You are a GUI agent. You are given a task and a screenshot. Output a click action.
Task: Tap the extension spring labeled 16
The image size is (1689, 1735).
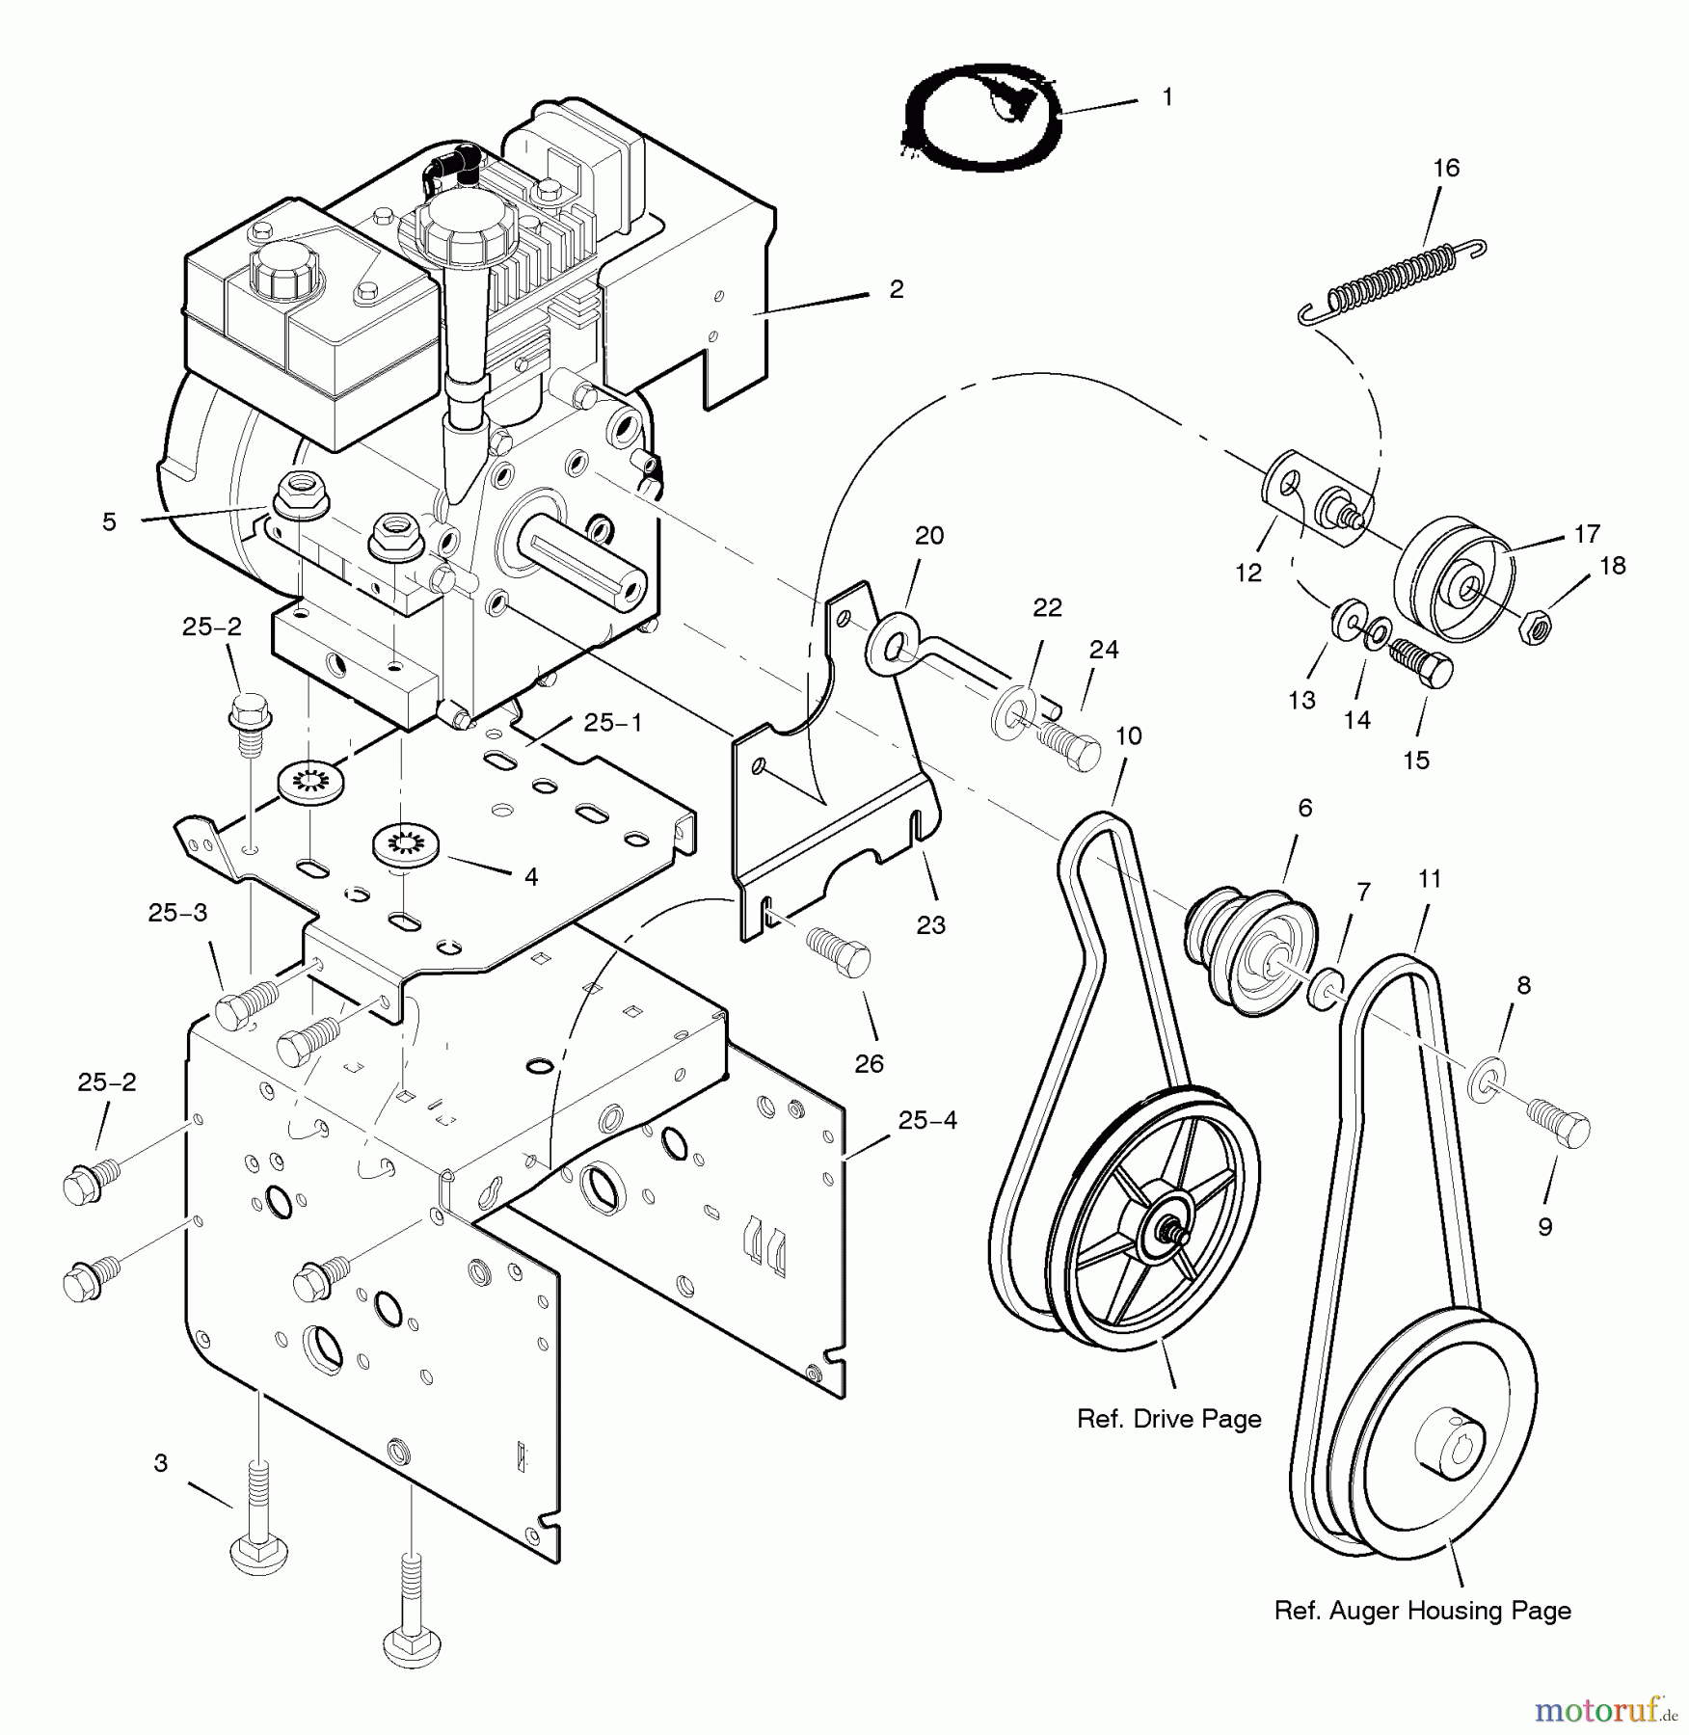point(1389,279)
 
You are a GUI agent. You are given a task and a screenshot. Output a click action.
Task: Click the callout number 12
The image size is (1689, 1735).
point(1248,573)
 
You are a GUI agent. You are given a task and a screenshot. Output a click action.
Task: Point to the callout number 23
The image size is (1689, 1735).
point(930,925)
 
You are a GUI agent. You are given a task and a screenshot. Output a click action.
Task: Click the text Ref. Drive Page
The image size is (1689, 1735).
point(1168,1419)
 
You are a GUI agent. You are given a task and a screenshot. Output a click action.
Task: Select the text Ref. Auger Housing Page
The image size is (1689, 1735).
point(1422,1610)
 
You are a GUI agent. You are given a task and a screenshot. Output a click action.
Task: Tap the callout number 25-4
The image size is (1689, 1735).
point(927,1120)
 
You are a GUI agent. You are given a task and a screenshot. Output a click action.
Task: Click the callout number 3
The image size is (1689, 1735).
point(161,1463)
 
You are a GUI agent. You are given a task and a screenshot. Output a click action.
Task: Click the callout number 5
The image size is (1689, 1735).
point(109,521)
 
